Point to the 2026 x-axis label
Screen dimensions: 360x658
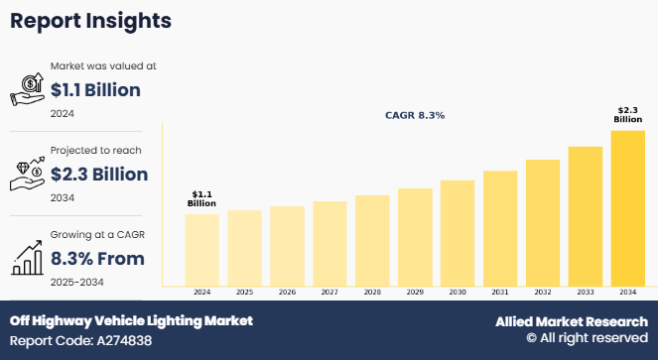pos(287,293)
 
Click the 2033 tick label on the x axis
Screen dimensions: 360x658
pos(585,293)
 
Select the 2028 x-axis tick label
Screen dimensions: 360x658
pos(371,293)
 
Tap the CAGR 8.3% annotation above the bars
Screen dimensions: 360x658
pos(415,116)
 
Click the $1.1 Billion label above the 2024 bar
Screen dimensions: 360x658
pos(201,198)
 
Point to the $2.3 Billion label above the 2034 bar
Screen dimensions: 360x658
pos(627,114)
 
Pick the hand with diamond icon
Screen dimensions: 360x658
pos(27,175)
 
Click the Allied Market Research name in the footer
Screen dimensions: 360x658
pos(571,322)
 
